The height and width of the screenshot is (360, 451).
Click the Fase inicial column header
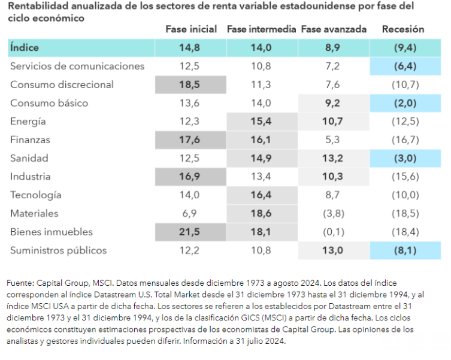coord(191,29)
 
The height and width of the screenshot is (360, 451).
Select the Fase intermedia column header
coord(261,29)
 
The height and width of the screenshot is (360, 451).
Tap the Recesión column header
coord(403,29)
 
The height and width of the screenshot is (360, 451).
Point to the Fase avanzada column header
coord(333,29)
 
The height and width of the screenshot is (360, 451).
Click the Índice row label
coord(25,47)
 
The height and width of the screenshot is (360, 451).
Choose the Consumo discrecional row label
coord(62,84)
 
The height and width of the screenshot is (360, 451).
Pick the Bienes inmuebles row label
coord(52,232)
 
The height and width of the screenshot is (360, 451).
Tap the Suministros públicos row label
coord(58,250)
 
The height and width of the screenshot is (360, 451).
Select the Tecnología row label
coord(36,195)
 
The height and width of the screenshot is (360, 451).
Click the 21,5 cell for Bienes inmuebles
coord(190,232)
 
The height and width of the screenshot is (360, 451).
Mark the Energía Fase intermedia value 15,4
coord(261,122)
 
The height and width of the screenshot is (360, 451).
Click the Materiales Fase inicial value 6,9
coord(190,213)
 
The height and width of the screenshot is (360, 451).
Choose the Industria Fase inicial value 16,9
coord(190,177)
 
